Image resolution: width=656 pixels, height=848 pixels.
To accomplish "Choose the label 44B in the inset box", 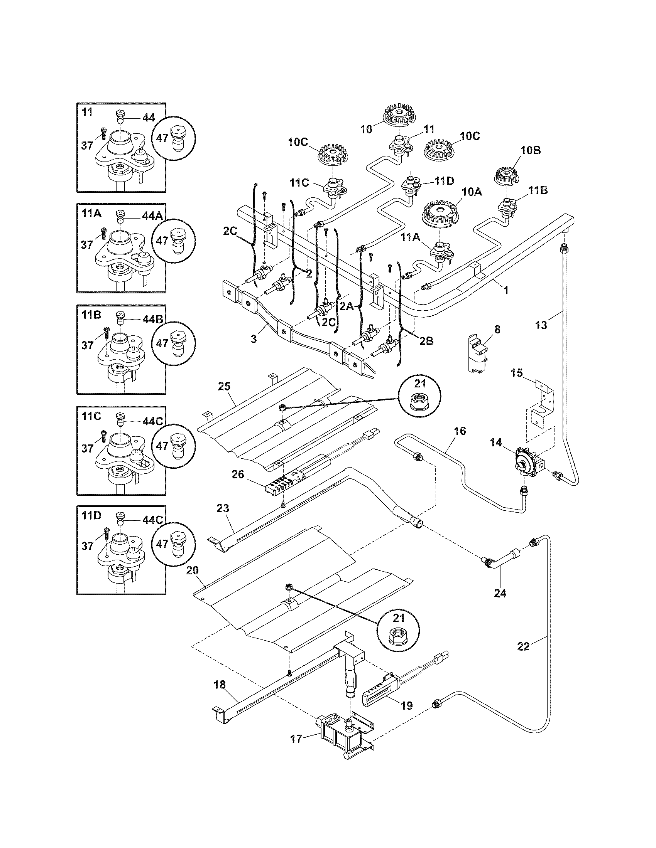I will (153, 319).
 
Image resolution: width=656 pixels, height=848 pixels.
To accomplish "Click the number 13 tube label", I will (541, 325).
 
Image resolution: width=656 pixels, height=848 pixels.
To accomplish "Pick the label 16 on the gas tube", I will (459, 431).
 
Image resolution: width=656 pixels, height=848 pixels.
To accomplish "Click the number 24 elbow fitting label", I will (500, 593).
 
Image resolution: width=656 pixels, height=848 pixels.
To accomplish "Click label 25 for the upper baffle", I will (224, 386).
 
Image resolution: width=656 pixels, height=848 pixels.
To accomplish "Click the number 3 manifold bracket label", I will (254, 339).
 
